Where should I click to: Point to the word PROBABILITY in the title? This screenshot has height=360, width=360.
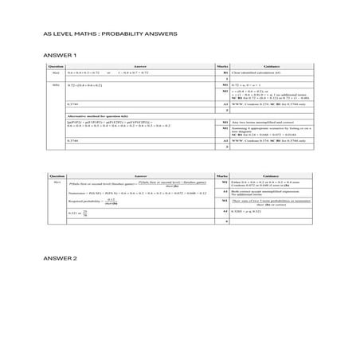120,34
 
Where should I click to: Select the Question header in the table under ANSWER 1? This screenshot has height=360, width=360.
56,66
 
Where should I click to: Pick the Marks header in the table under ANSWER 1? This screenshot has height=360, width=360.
222,66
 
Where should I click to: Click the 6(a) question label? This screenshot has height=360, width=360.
56,72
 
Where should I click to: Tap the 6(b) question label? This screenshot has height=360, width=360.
56,84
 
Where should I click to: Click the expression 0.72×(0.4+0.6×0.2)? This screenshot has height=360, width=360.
85,84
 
